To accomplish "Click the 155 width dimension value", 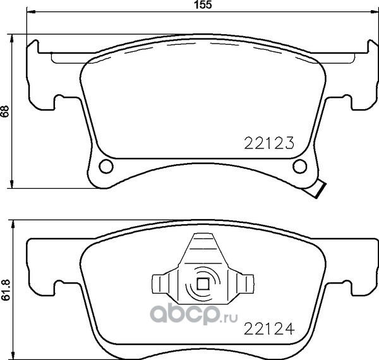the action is [x=203, y=5].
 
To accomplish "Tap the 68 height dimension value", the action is [x=5, y=111].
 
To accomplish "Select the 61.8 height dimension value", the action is [x=6, y=290].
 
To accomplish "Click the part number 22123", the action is [x=269, y=143].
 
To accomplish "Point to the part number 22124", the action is [x=269, y=328].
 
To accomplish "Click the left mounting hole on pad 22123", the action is [x=106, y=166].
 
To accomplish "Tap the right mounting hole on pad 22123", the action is [x=299, y=166].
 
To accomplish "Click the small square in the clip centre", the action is [x=203, y=284].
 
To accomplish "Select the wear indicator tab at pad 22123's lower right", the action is [x=315, y=189].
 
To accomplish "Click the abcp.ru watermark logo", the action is [x=194, y=314].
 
